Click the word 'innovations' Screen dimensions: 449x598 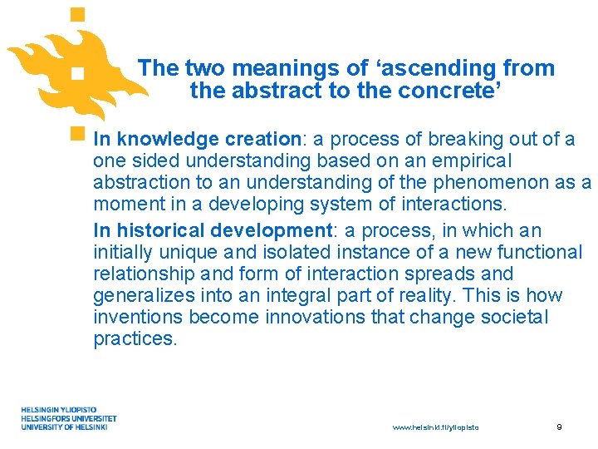tap(306, 318)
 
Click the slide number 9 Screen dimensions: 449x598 tap(559, 427)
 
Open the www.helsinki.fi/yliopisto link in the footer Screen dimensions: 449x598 tap(435, 427)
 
